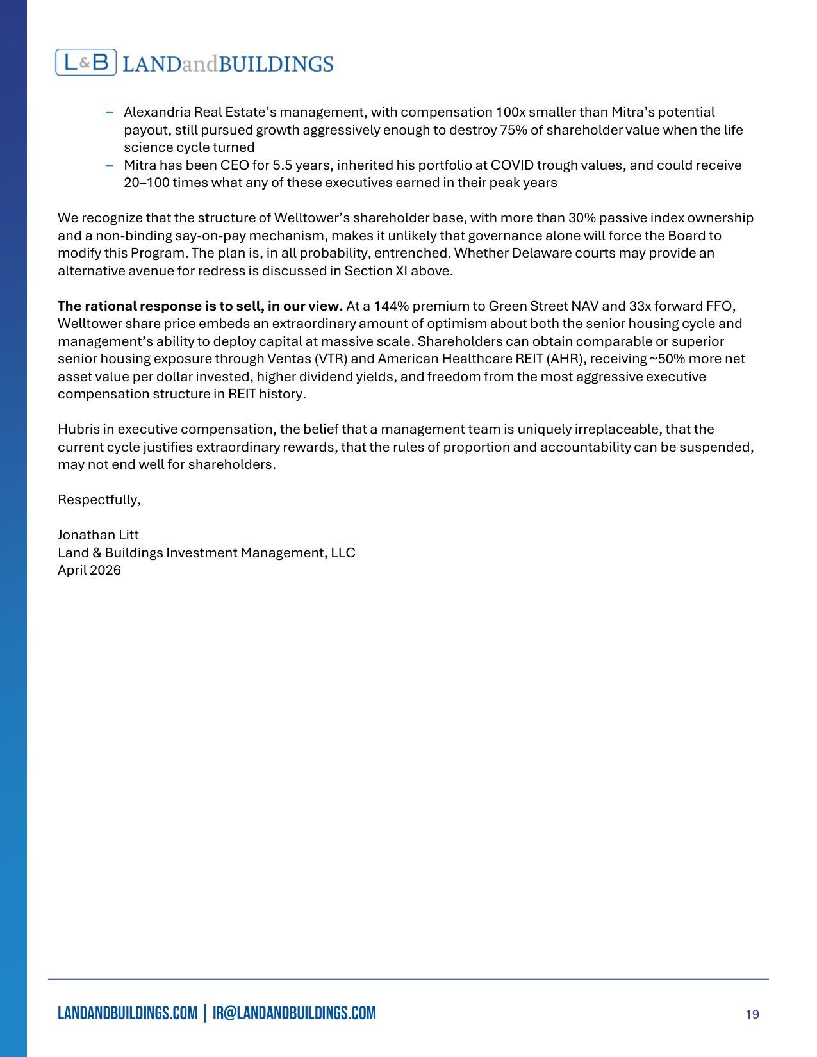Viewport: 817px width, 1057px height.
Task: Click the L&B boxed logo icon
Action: [x=86, y=63]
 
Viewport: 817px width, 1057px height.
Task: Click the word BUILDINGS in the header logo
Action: [x=276, y=64]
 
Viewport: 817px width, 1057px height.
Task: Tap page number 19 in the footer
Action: [x=752, y=1014]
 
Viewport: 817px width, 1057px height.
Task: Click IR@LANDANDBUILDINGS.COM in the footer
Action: [x=294, y=1013]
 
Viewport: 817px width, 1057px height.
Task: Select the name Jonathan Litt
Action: [x=98, y=535]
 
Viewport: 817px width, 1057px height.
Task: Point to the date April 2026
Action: [x=89, y=570]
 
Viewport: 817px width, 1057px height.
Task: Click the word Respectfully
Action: [x=99, y=500]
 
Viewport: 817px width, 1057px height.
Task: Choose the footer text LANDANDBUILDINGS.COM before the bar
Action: [x=128, y=1013]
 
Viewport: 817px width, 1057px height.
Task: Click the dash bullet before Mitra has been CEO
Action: [x=110, y=165]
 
